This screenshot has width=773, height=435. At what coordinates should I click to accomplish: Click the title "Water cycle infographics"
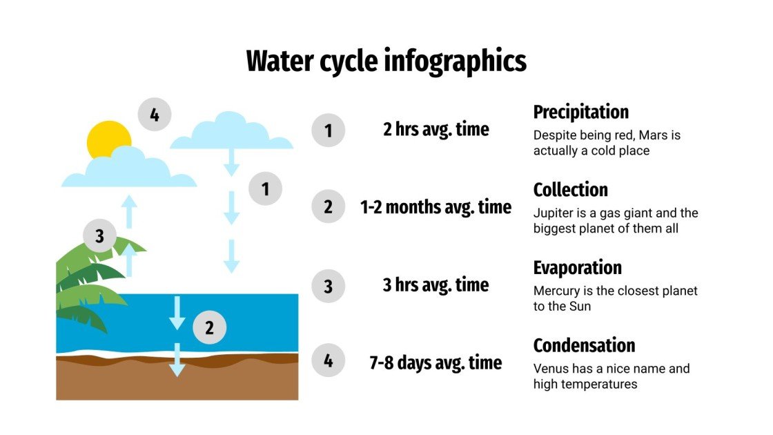pos(386,61)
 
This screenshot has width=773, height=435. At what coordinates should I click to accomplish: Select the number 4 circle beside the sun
pos(155,115)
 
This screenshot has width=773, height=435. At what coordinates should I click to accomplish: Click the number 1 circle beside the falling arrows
pos(266,188)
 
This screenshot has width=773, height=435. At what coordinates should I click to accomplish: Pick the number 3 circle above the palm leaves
pos(100,236)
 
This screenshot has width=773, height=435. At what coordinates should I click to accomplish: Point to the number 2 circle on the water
pos(209,328)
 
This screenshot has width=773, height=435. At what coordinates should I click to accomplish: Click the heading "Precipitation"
pos(580,112)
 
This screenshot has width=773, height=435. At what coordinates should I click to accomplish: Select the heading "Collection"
pos(570,190)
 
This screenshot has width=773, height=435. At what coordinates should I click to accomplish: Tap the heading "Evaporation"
pos(577,267)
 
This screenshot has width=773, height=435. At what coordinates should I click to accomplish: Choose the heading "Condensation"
pos(584,345)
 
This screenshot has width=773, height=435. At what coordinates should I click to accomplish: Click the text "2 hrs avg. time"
pos(436,129)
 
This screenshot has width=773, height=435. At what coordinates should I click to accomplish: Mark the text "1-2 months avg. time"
pos(436,207)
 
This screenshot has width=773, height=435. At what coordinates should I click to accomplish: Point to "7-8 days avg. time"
pos(436,362)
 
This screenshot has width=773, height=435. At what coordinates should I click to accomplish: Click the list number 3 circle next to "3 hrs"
pos(328,285)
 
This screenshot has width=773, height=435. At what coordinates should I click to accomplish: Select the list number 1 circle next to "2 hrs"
pos(328,130)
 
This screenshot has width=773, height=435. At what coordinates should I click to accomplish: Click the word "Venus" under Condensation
pos(550,369)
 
